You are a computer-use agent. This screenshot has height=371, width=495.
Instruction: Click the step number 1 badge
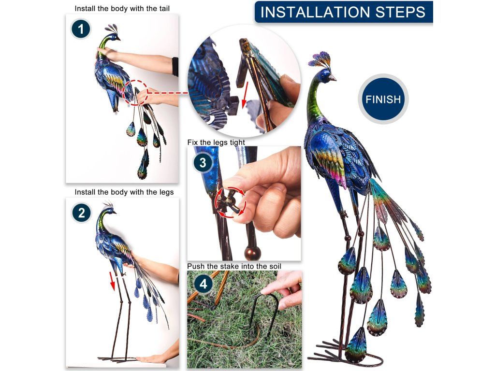click(x=81, y=29)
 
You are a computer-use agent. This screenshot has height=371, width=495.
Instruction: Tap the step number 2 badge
click(x=81, y=213)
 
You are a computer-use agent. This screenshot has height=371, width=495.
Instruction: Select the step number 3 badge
click(x=203, y=162)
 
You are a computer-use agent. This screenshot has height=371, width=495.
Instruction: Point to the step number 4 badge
click(x=204, y=284)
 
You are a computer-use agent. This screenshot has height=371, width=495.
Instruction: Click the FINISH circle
click(x=383, y=99)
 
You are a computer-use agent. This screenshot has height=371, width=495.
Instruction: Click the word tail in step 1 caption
click(x=164, y=9)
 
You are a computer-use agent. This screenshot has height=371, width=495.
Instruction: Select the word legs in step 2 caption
click(x=167, y=192)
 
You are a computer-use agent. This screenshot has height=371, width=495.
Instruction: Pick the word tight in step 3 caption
click(x=237, y=143)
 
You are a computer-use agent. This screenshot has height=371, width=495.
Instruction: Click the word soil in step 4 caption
click(x=275, y=266)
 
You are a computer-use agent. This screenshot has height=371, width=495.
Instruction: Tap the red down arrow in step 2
click(x=112, y=281)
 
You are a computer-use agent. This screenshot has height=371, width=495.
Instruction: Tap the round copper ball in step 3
click(x=252, y=253)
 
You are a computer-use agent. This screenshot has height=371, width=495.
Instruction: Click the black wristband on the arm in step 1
click(x=175, y=67)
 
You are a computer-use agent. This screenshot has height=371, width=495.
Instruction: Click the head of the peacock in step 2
click(x=109, y=210)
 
